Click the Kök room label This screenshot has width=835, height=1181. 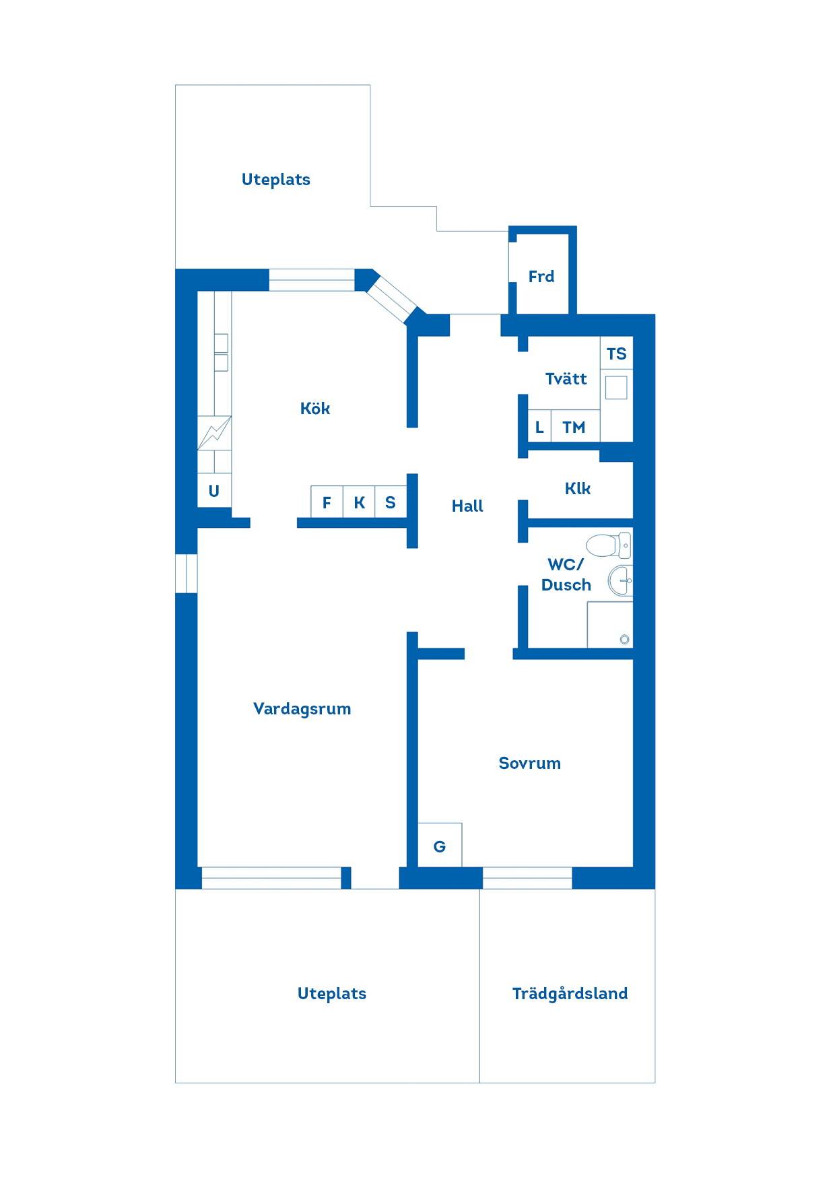[315, 408]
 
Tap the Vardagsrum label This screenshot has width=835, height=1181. [302, 708]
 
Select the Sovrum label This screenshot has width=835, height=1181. [529, 763]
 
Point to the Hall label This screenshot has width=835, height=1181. [467, 506]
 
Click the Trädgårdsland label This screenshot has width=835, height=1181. [570, 993]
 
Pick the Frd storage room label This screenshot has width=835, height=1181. [541, 276]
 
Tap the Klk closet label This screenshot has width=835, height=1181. [578, 488]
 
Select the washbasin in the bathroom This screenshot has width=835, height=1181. [620, 580]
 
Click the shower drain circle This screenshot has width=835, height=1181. [625, 639]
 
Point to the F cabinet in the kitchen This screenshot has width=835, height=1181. [327, 502]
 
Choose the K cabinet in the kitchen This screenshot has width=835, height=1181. [359, 502]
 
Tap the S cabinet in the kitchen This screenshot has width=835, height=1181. [391, 502]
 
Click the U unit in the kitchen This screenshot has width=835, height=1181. [214, 491]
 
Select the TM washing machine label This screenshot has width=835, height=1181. [574, 427]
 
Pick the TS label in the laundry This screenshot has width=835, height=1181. [616, 353]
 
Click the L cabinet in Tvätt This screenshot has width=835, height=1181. [539, 426]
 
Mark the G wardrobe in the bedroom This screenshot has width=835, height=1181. [440, 845]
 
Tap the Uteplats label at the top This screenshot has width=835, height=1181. [276, 180]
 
